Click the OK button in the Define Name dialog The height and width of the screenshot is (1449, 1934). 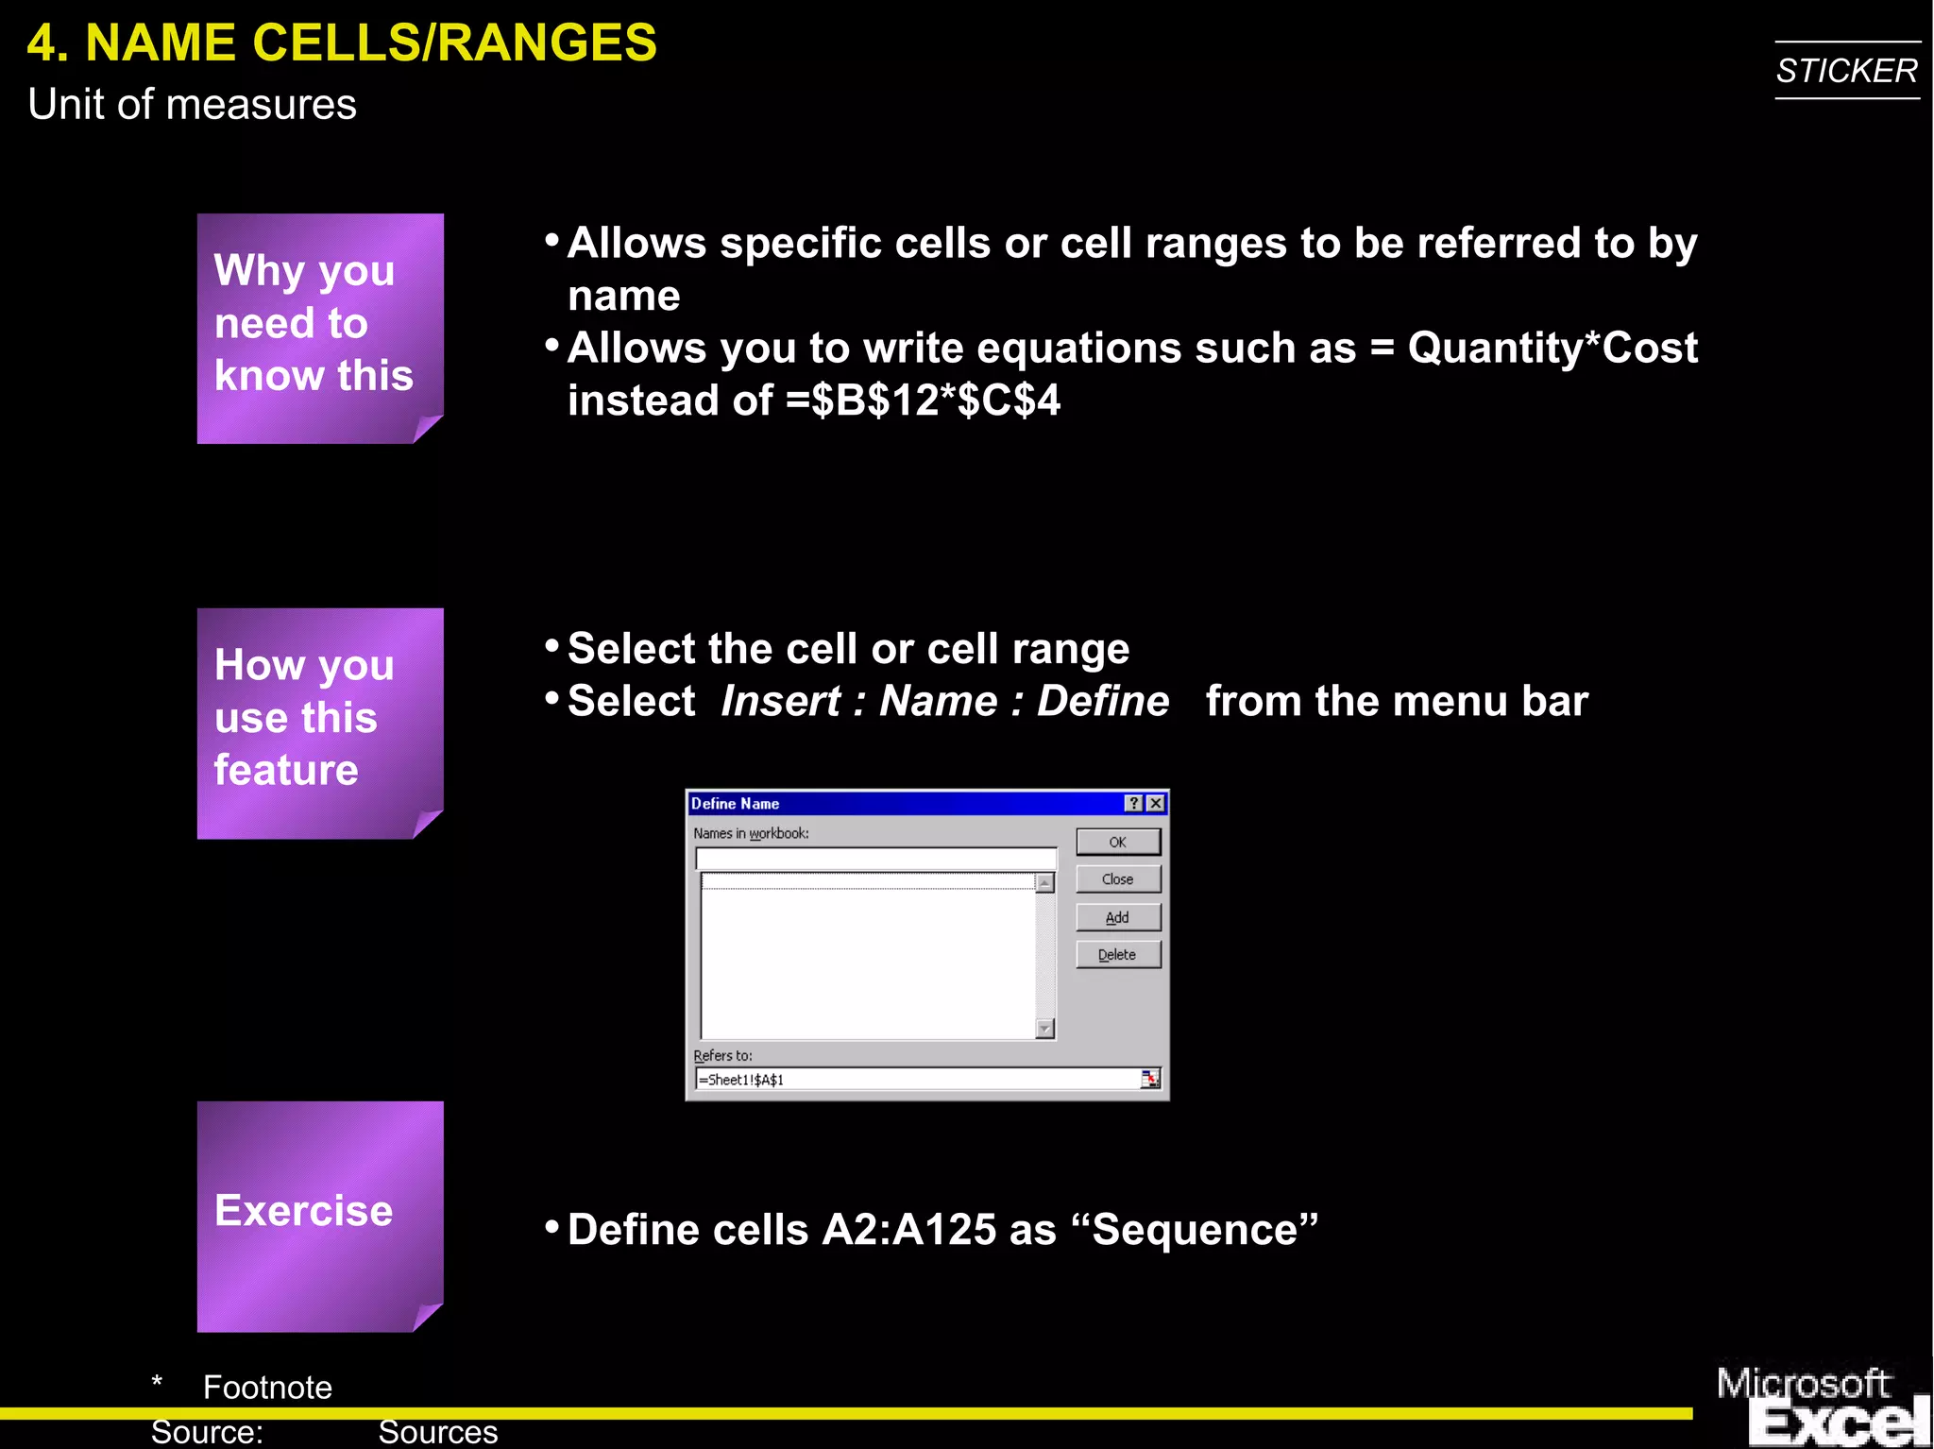1117,842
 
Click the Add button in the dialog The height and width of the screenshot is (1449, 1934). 1117,917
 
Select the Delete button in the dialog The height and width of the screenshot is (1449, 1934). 1117,955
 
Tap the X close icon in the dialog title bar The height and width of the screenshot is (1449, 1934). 1155,803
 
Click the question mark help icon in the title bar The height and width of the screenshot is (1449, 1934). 1133,803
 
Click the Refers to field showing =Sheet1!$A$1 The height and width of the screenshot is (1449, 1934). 916,1079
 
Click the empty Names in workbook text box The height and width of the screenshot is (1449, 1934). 875,858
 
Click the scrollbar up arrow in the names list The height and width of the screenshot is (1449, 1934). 1044,883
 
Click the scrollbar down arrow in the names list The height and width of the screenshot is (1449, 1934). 1044,1028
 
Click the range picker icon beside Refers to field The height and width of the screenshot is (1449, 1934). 1149,1079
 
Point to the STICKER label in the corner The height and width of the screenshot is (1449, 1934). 1846,71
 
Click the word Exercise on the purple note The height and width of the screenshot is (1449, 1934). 303,1211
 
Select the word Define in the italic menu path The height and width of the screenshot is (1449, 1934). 1102,701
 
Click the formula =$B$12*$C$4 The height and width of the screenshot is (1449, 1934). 923,401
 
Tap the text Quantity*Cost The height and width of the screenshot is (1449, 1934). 1552,348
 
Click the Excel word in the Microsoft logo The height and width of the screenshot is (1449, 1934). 1837,1422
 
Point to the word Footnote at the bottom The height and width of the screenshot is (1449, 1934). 267,1387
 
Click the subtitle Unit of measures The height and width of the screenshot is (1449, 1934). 192,104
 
